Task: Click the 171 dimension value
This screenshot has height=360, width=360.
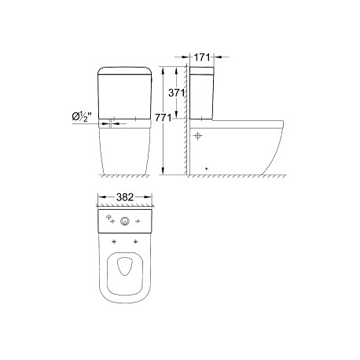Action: (x=202, y=57)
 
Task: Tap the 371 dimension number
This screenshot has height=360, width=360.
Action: (x=177, y=93)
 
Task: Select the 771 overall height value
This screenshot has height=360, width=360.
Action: (x=163, y=118)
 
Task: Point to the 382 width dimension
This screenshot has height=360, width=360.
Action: (x=125, y=197)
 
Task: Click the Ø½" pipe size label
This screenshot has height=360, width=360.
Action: (x=82, y=116)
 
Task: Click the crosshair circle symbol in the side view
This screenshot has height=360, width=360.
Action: (x=198, y=136)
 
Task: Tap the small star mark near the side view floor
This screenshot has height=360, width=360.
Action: (x=206, y=168)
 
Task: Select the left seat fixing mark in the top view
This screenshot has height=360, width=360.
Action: (x=114, y=241)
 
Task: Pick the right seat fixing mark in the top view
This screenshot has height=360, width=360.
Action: (x=135, y=241)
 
